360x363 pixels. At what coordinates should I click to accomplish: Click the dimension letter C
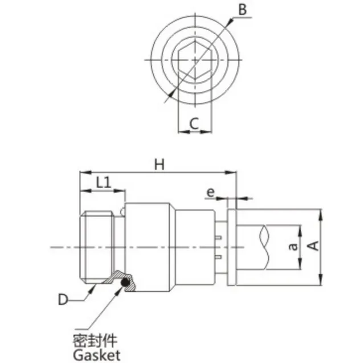coord(194,123)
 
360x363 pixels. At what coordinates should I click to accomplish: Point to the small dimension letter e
coord(211,193)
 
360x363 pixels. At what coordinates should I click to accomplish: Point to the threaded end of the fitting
coord(96,247)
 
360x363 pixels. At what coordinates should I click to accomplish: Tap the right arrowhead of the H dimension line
coord(233,172)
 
